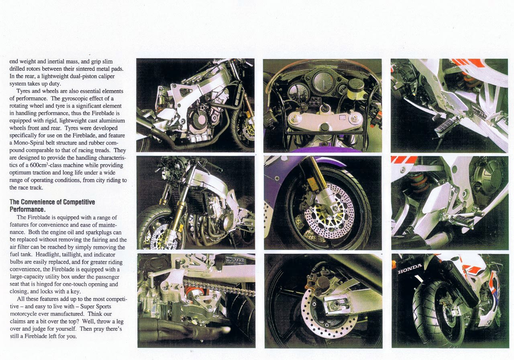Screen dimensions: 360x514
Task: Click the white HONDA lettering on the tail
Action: (410, 268)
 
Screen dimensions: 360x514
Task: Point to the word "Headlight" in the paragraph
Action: (49, 254)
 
